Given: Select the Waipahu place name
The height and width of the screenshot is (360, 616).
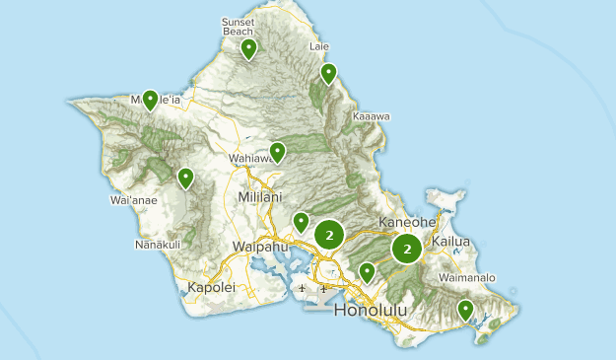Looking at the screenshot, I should click(260, 246).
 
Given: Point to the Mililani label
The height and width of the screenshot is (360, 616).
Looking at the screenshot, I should click(260, 197).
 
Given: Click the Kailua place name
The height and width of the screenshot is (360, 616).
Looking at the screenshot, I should click(449, 242).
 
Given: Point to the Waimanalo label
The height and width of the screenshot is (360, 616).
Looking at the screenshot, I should click(467, 277).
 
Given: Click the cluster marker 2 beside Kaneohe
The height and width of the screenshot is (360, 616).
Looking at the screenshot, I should click(407, 249).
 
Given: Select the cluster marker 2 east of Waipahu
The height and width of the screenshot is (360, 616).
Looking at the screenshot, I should click(330, 234).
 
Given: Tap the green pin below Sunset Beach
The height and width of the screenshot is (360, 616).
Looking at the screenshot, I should click(249, 47).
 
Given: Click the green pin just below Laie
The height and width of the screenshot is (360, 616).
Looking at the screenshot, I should click(328, 72).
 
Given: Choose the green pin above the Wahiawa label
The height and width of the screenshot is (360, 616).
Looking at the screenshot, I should click(278, 151).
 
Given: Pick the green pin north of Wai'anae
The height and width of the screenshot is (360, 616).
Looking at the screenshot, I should click(185, 177).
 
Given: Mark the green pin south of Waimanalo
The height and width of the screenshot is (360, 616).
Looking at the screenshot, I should click(466, 310).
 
